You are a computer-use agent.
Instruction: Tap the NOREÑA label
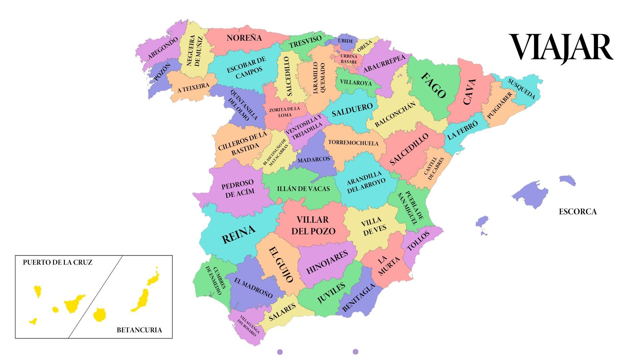tap(244, 38)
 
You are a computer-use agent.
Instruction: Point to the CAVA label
tap(469, 92)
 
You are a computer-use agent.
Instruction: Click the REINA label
tap(239, 234)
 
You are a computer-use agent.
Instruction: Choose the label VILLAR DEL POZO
tap(313, 225)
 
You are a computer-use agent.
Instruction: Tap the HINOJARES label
tap(327, 262)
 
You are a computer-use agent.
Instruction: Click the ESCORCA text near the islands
tap(578, 212)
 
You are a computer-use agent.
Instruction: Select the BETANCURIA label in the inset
tap(139, 330)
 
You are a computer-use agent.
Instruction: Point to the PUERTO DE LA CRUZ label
tap(58, 262)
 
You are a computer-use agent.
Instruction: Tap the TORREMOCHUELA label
tap(353, 143)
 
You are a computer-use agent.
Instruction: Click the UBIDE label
tap(345, 41)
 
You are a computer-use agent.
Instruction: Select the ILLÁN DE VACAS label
tap(303, 189)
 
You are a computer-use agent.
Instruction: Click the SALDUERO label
tap(352, 110)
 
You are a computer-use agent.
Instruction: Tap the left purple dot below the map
tap(280, 352)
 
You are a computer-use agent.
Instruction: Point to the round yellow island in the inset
tap(99, 315)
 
